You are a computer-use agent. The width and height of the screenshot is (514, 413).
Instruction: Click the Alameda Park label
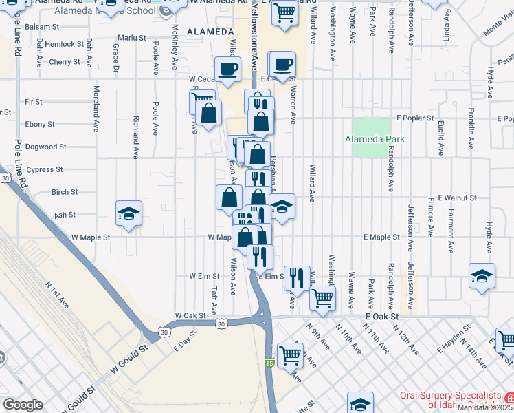[375, 139]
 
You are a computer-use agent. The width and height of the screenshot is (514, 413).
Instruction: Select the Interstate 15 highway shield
[269, 362]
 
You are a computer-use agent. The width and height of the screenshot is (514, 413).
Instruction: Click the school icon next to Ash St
[128, 213]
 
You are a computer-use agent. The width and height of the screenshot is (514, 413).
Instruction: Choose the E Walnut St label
[452, 198]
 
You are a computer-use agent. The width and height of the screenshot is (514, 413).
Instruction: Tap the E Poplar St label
[414, 118]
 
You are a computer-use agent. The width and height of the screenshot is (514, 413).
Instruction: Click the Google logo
[23, 404]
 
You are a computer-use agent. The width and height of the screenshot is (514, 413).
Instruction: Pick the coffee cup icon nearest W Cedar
[227, 68]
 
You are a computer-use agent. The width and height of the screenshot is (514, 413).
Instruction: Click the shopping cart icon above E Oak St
[322, 297]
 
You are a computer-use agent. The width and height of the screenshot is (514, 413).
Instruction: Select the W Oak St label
[190, 315]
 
